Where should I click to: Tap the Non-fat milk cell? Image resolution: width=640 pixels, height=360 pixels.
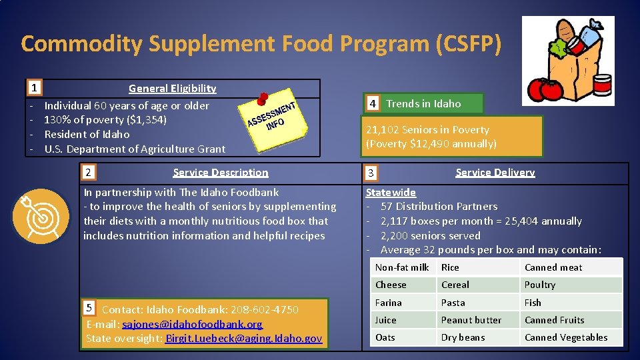pos(402,267)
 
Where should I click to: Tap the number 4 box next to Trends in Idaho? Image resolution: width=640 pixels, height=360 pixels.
pos(373,103)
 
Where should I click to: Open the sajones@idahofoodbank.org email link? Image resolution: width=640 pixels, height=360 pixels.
pos(192,324)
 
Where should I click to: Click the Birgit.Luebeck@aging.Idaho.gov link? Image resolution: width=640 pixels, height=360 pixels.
pos(244,339)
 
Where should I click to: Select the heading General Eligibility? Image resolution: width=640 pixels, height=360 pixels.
pos(172,88)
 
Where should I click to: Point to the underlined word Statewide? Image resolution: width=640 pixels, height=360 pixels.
pos(391,192)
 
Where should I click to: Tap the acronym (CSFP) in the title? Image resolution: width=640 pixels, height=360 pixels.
pos(467,43)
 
